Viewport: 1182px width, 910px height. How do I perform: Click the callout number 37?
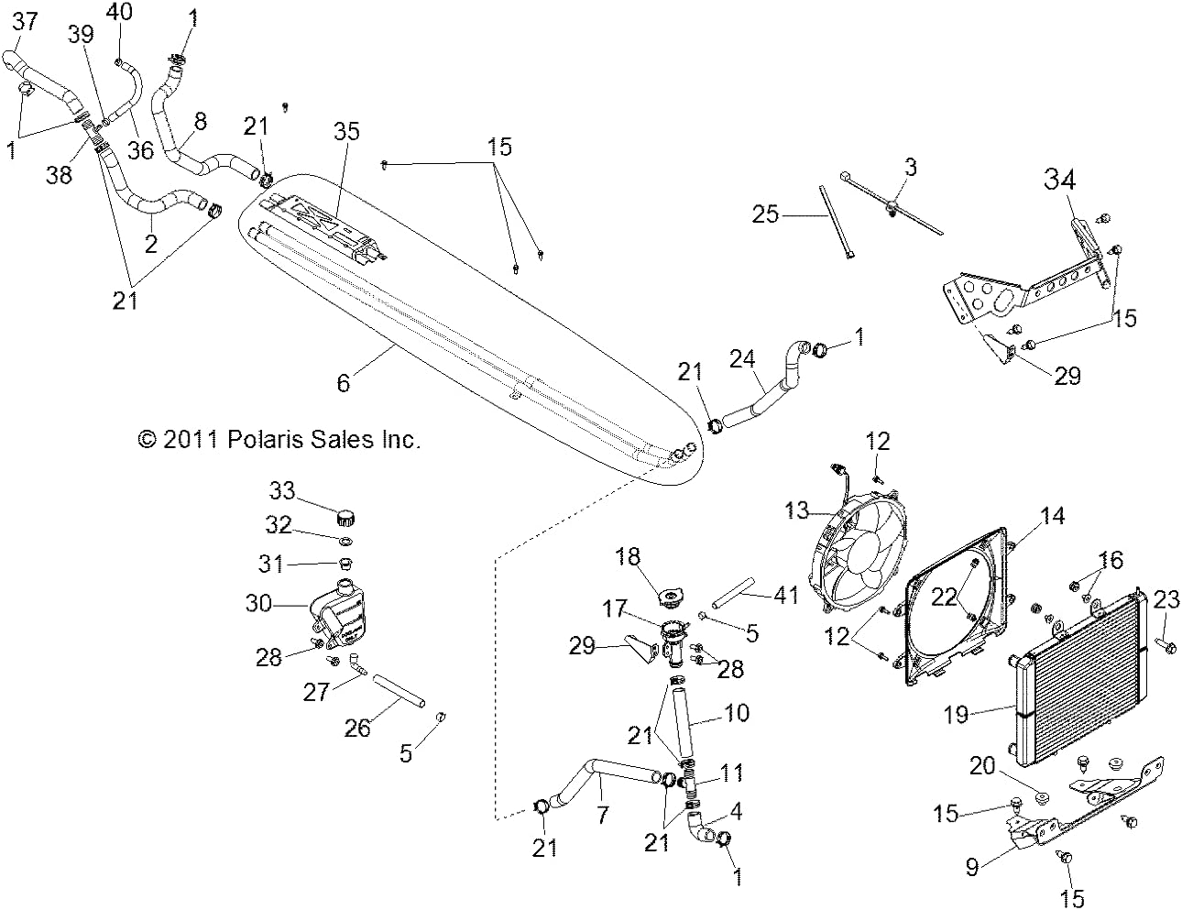[26, 23]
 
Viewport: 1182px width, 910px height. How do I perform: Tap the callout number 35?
[346, 132]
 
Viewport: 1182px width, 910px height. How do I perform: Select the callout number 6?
[344, 383]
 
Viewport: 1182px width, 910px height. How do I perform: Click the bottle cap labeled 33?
[346, 517]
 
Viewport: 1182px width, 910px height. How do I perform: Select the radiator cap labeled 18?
[671, 598]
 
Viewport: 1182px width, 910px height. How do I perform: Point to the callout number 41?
[786, 595]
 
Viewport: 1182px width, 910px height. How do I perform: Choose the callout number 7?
[603, 815]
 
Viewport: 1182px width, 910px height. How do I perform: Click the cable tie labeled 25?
[836, 223]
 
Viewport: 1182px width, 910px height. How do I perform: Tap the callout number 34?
[1059, 179]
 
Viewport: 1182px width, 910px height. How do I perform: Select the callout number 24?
[742, 359]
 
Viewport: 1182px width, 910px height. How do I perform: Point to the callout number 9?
[972, 867]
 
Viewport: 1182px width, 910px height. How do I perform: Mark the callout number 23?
[1166, 600]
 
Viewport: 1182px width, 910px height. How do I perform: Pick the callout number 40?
[119, 12]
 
